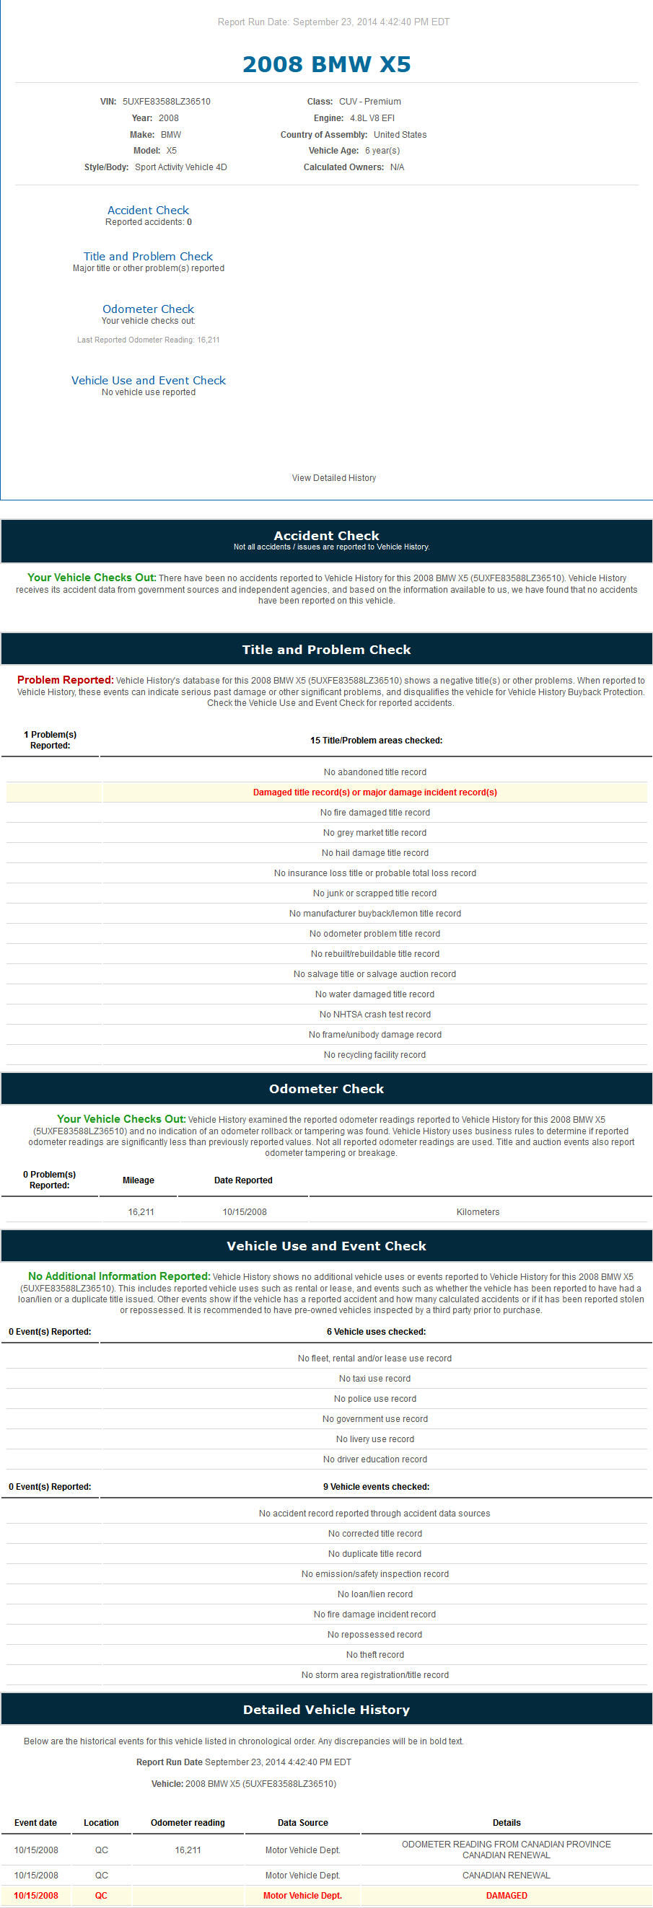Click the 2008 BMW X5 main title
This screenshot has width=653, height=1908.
[326, 64]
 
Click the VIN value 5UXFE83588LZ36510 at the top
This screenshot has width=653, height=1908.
[166, 102]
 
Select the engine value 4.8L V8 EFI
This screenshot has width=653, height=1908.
[372, 118]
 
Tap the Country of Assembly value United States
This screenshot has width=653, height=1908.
[400, 135]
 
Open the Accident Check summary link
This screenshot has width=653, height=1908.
[148, 211]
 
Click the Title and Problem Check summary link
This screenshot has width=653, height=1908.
[148, 256]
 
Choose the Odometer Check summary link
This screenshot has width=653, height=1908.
[148, 309]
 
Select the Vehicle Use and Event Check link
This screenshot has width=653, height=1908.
[148, 380]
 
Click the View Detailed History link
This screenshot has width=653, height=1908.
[333, 478]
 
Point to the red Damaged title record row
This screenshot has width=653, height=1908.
[374, 792]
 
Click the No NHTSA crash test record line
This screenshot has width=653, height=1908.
[374, 1014]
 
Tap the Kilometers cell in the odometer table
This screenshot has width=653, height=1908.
[478, 1211]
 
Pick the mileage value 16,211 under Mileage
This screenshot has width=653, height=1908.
[141, 1211]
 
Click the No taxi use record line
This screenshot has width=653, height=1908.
[374, 1379]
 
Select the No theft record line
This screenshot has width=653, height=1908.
[374, 1655]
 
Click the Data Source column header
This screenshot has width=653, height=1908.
[302, 1823]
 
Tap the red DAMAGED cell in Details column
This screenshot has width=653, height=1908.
[507, 1896]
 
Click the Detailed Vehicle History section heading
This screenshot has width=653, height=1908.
[326, 1710]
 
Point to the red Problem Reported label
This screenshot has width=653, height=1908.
[65, 680]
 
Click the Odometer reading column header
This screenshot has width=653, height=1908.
[188, 1823]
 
